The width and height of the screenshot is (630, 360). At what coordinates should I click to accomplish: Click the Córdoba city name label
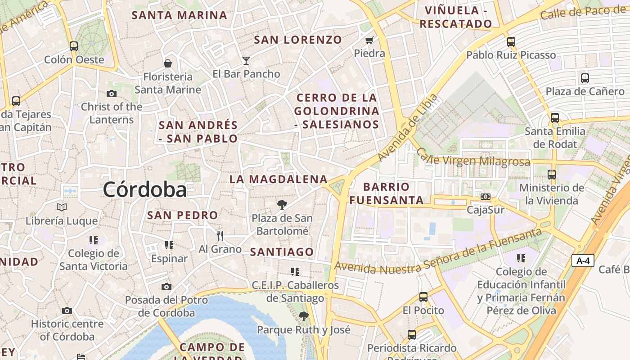tap(144, 189)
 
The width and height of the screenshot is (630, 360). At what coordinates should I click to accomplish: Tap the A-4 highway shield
tap(583, 261)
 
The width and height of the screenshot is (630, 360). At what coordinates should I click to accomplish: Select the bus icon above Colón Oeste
tap(74, 46)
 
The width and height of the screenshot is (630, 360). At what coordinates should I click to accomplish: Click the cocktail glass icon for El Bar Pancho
tap(246, 60)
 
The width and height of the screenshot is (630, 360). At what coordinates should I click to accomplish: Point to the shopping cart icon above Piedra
tap(369, 40)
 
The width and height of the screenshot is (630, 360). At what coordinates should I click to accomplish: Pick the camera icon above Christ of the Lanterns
tap(112, 94)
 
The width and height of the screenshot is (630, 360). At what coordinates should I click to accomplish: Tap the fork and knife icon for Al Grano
tap(220, 235)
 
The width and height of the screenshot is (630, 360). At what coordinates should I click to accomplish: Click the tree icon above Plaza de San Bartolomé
tap(282, 205)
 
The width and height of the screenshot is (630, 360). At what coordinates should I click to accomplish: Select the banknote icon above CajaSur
tap(485, 197)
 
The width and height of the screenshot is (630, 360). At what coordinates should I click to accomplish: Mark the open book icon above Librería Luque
tap(62, 207)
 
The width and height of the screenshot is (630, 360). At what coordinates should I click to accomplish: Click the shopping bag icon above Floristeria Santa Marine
tap(168, 63)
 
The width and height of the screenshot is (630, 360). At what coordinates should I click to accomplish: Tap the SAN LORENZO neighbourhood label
tap(298, 40)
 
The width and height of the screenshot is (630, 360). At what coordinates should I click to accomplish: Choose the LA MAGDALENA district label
tap(279, 179)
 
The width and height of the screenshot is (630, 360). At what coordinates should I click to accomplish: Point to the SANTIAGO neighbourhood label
tap(282, 252)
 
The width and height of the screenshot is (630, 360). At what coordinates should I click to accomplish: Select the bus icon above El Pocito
tap(423, 297)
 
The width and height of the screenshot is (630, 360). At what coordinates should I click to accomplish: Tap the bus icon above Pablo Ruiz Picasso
tap(511, 42)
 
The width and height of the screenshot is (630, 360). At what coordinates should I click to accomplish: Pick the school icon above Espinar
tap(169, 245)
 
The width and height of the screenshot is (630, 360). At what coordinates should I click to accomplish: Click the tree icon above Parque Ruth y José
tap(304, 316)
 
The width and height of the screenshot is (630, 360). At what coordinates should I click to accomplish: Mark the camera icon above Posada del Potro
tap(166, 287)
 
